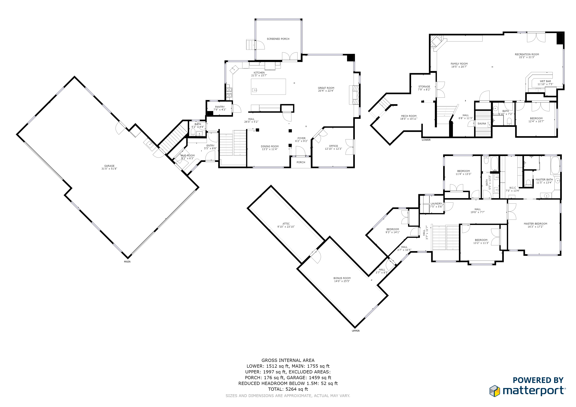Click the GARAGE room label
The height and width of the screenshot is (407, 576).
pyautogui.click(x=109, y=166)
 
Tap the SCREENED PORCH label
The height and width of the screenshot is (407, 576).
pyautogui.click(x=278, y=39)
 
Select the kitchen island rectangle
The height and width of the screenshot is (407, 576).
pyautogui.click(x=269, y=87)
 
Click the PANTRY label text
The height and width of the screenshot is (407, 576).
pyautogui.click(x=220, y=107)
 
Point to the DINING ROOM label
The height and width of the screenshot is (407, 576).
pyautogui.click(x=270, y=146)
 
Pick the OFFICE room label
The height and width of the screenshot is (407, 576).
pyautogui.click(x=333, y=146)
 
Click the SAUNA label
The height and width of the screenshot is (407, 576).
pyautogui.click(x=482, y=124)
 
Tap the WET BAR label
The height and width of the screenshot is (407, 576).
pyautogui.click(x=545, y=81)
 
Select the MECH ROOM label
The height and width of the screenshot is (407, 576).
pyautogui.click(x=409, y=116)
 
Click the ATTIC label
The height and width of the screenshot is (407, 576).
pyautogui.click(x=286, y=224)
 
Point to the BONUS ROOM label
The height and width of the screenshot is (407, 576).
pyautogui.click(x=342, y=278)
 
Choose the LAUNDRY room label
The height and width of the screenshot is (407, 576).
pyautogui.click(x=436, y=204)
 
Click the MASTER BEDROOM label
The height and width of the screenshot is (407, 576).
pyautogui.click(x=535, y=224)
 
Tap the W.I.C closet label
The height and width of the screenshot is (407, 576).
pyautogui.click(x=513, y=188)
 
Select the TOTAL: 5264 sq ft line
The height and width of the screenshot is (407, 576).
pyautogui.click(x=288, y=389)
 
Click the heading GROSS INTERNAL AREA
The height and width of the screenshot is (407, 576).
pyautogui.click(x=288, y=360)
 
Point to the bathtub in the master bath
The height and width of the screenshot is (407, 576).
pyautogui.click(x=555, y=165)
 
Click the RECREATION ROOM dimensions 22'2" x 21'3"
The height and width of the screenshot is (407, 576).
pyautogui.click(x=527, y=57)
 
